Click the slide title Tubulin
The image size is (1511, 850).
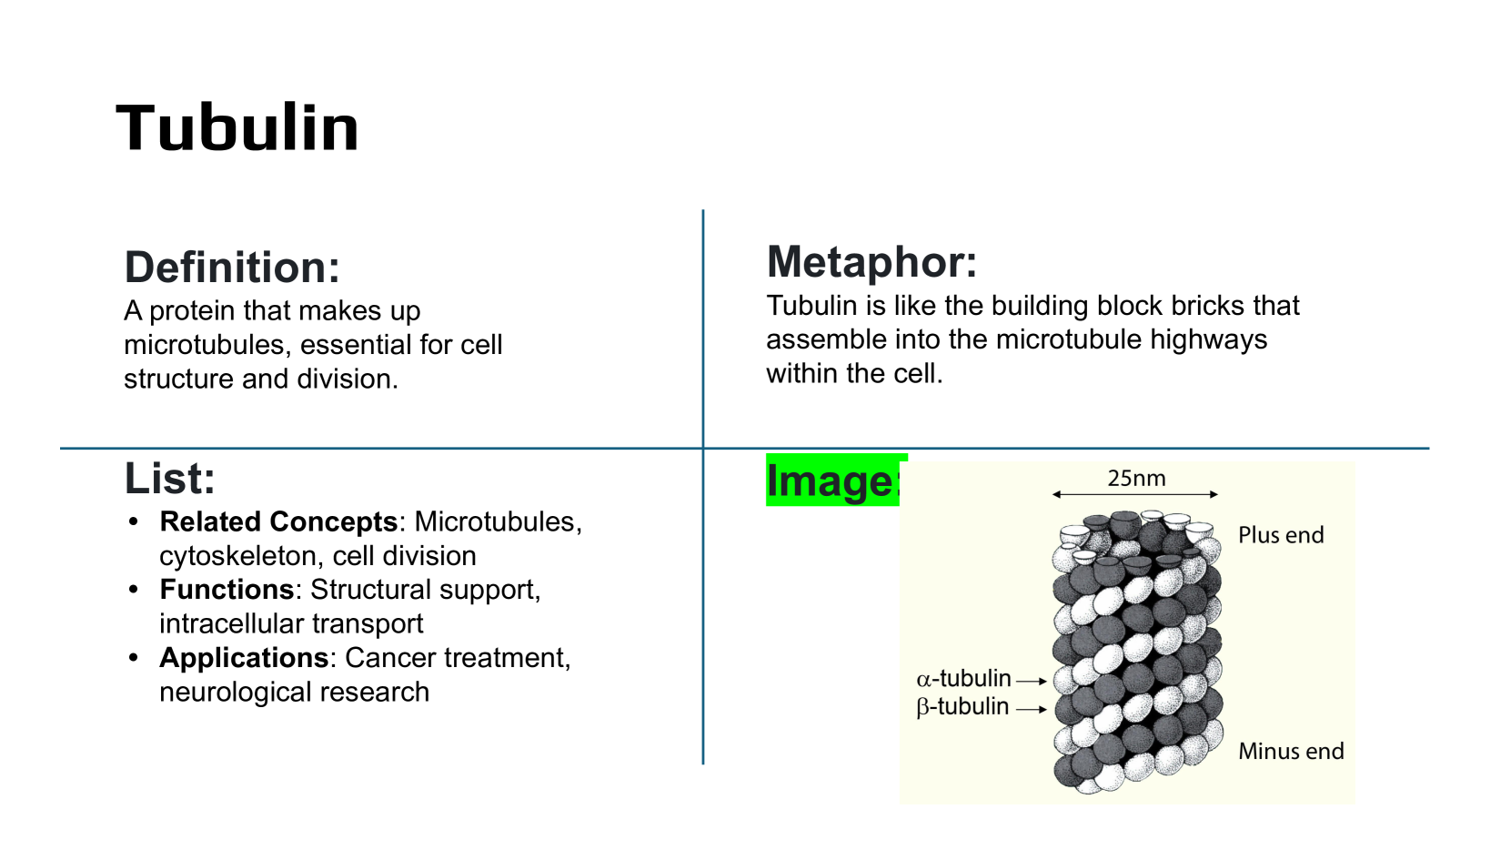pos(237,127)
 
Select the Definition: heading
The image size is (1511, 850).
pos(232,268)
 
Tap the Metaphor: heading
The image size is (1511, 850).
pos(871,262)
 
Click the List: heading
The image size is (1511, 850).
pos(170,479)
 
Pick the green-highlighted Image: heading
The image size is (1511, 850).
pos(834,481)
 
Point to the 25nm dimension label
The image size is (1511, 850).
pos(1136,479)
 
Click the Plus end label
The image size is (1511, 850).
pos(1281,535)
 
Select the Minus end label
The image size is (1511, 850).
pos(1291,751)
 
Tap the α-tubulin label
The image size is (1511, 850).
pos(964,678)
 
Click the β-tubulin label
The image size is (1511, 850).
pos(962,707)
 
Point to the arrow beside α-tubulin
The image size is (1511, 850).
pos(1032,682)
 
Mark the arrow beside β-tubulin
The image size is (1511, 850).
pos(1032,709)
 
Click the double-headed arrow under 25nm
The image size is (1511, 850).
pos(1135,494)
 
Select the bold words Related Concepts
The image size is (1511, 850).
pos(278,521)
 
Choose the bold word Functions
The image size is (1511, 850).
pos(227,590)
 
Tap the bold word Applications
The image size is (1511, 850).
pos(244,658)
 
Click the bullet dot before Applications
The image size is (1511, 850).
pos(134,658)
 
